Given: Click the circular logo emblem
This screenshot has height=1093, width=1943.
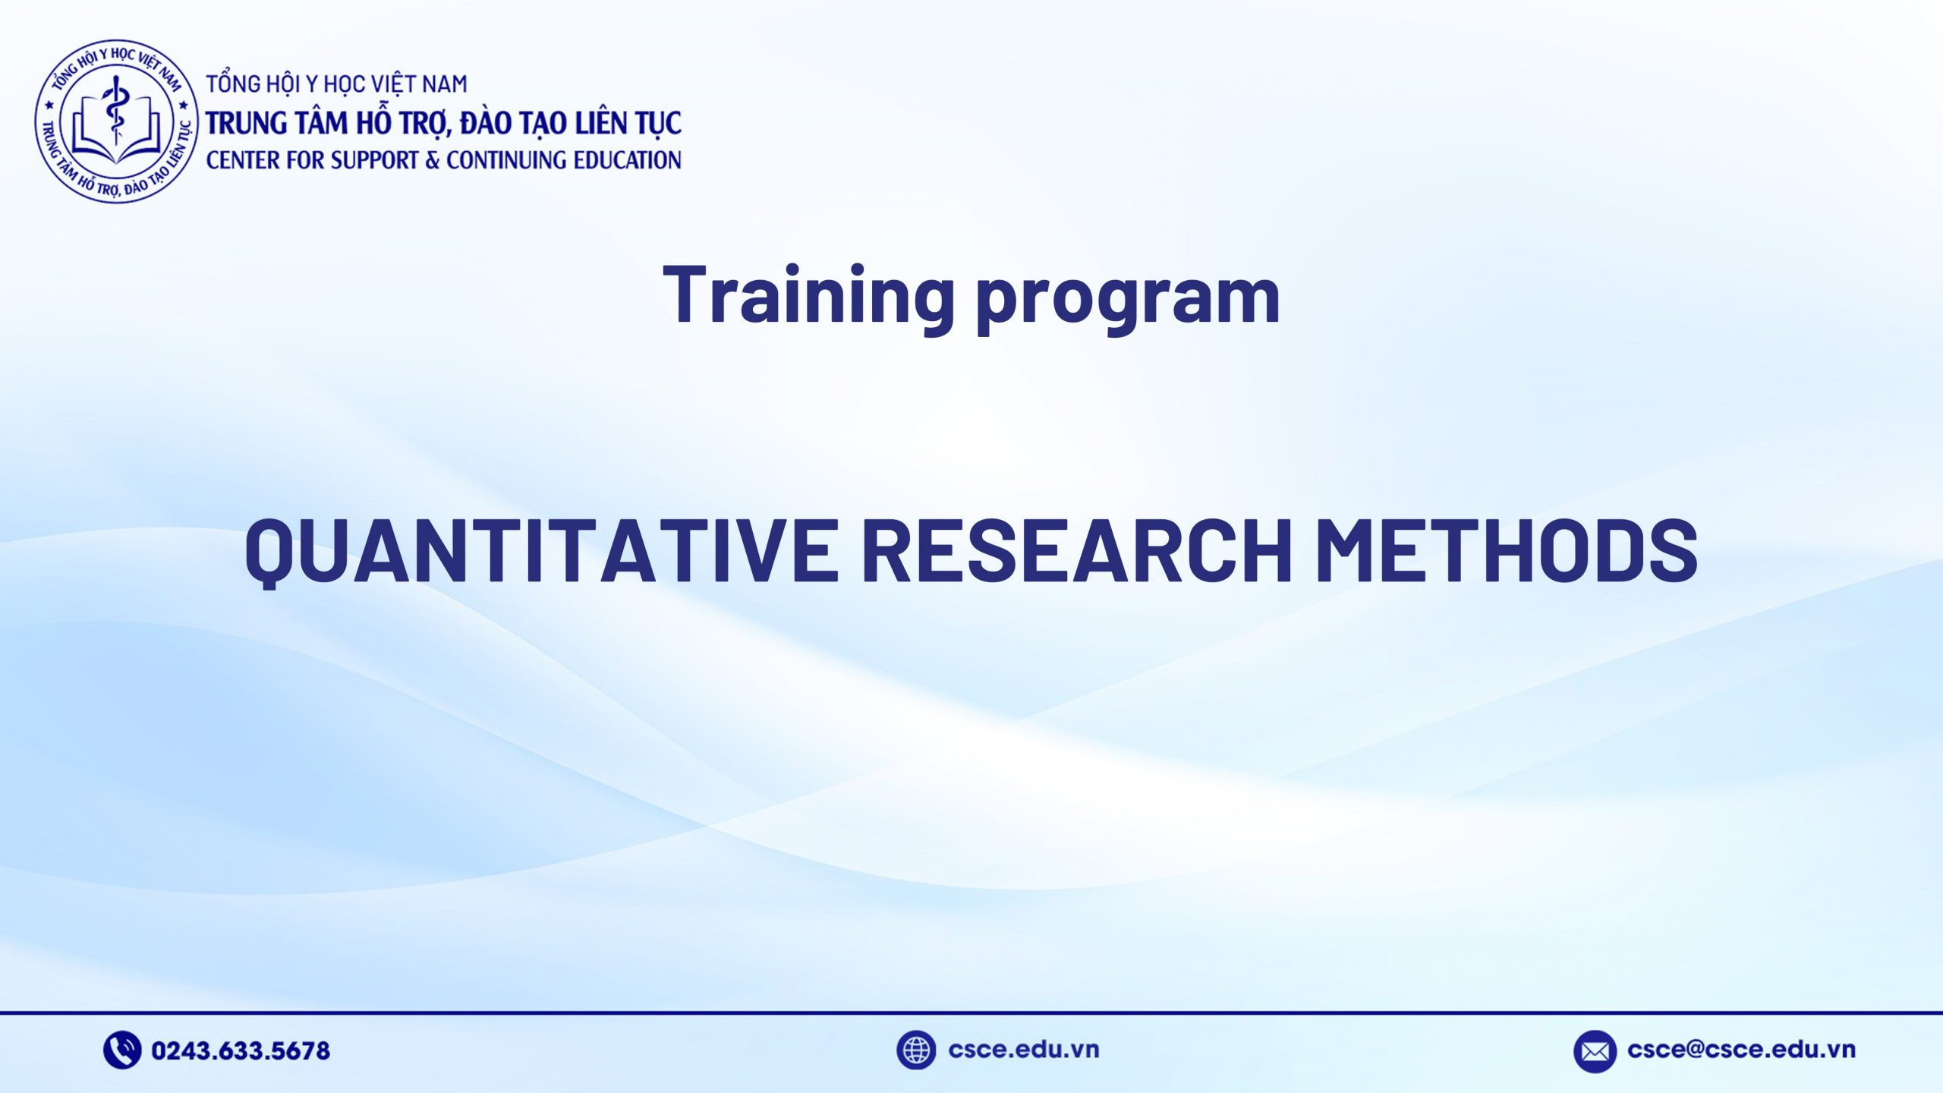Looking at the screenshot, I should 116,121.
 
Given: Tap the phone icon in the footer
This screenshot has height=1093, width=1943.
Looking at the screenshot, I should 121,1050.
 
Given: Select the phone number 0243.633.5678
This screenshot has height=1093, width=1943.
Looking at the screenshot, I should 241,1050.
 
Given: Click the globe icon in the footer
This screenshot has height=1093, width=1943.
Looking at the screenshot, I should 915,1050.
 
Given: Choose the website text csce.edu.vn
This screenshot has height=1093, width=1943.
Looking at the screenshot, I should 1023,1049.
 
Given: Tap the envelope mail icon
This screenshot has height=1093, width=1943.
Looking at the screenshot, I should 1594,1051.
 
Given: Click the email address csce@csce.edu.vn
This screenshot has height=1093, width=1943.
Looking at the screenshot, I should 1741,1049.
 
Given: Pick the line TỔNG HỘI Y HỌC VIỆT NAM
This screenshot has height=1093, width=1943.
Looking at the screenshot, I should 336,83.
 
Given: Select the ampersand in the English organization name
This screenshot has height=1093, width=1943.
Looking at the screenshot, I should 433,160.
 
